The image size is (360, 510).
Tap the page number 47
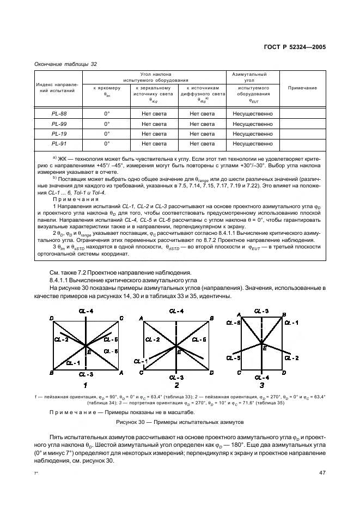click(x=322, y=472)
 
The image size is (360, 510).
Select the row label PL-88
click(x=59, y=114)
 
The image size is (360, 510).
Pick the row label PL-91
click(x=59, y=143)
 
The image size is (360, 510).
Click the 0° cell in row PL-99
click(x=107, y=124)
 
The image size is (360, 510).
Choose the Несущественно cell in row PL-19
click(x=252, y=133)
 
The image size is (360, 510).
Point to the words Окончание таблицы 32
click(x=65, y=64)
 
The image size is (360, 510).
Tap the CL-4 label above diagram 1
click(x=87, y=311)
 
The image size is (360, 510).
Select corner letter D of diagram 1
click(x=51, y=318)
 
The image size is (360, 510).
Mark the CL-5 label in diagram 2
click(x=200, y=339)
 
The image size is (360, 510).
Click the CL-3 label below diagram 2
click(x=176, y=377)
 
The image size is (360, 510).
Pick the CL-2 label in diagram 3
click(x=294, y=358)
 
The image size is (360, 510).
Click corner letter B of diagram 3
click(x=284, y=314)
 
